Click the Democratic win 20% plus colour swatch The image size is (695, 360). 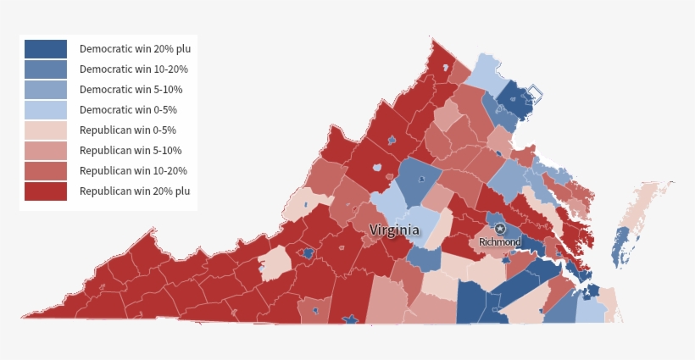pyautogui.click(x=45, y=49)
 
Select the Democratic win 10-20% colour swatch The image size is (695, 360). pyautogui.click(x=45, y=69)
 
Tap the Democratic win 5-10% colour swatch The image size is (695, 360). pyautogui.click(x=45, y=90)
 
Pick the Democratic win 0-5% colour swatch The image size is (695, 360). pyautogui.click(x=45, y=110)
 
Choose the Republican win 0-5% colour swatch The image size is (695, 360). pyautogui.click(x=45, y=130)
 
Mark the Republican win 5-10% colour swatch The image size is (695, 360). pyautogui.click(x=45, y=151)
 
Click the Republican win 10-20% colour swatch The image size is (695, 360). pyautogui.click(x=45, y=171)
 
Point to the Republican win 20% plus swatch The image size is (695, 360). pyautogui.click(x=45, y=191)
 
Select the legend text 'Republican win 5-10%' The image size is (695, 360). pyautogui.click(x=131, y=151)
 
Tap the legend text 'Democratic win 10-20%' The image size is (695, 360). pyautogui.click(x=133, y=69)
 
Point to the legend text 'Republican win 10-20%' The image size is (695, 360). pyautogui.click(x=133, y=171)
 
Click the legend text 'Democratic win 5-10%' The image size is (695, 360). pyautogui.click(x=131, y=90)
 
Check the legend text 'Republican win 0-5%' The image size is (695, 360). pyautogui.click(x=128, y=130)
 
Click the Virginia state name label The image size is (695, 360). pyautogui.click(x=394, y=230)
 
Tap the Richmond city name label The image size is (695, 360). pyautogui.click(x=500, y=242)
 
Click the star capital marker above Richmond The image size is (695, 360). pyautogui.click(x=500, y=229)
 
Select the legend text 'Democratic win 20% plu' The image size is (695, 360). pyautogui.click(x=135, y=49)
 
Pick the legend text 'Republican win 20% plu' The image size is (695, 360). pyautogui.click(x=135, y=191)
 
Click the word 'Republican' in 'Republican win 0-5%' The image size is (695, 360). pyautogui.click(x=103, y=130)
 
